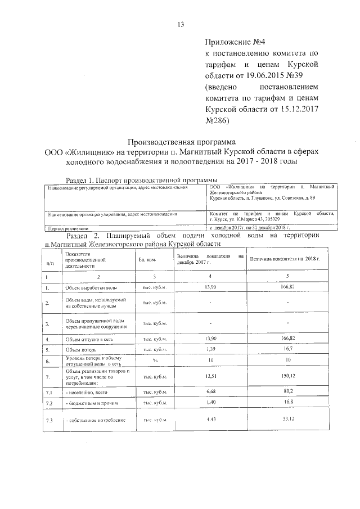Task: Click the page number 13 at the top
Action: click(180, 25)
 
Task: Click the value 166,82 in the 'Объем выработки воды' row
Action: click(287, 287)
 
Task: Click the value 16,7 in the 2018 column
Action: click(287, 349)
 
